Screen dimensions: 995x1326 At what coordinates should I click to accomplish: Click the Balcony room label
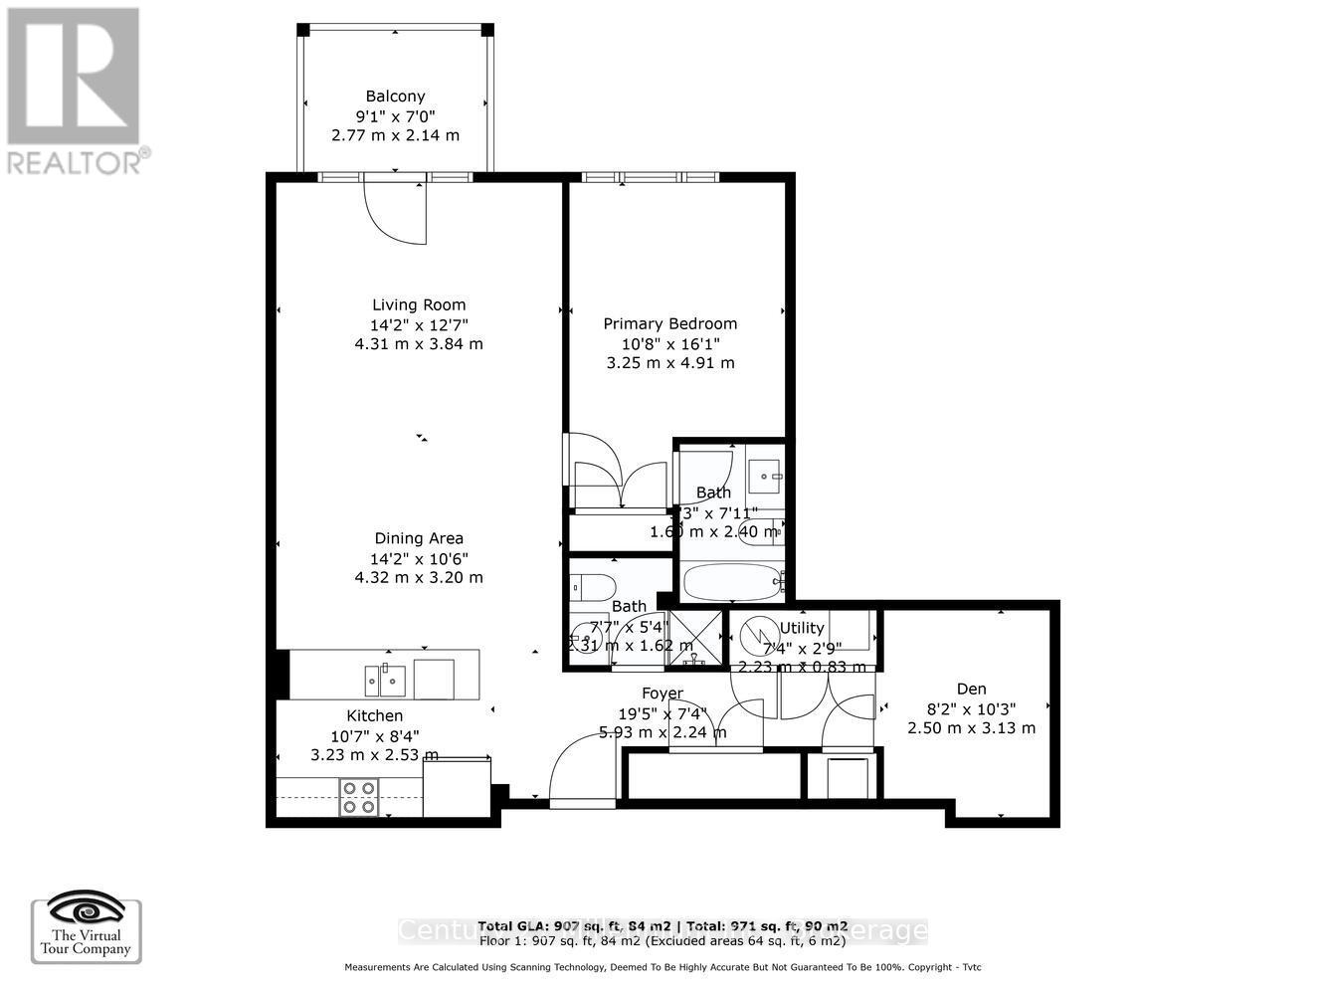coord(395,97)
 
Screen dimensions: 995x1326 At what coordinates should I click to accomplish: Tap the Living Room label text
coord(419,305)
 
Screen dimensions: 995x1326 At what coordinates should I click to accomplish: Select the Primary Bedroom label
coord(670,323)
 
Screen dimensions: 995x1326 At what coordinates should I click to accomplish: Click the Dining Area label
coord(419,539)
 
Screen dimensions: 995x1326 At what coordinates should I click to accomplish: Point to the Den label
coord(971,689)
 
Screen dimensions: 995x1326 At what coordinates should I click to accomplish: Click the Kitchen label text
coord(374,715)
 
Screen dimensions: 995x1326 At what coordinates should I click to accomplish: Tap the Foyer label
coord(662,694)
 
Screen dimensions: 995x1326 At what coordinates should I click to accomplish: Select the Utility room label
coord(801,628)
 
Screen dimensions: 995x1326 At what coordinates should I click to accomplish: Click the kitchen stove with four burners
coord(359,796)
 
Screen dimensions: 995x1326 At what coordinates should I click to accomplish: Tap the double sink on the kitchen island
coord(385,681)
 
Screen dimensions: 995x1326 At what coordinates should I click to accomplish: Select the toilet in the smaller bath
coord(594,586)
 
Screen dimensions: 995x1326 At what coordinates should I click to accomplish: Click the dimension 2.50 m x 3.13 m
coord(971,728)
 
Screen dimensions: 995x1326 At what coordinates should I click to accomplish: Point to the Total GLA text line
coord(663,924)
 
